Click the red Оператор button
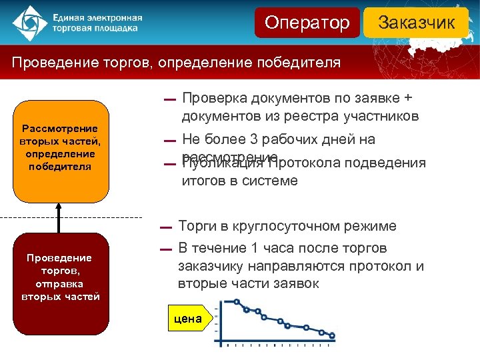307,23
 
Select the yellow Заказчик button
417,23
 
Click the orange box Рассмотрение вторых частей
60,150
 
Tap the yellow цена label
188,319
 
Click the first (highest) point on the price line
235,302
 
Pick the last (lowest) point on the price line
332,335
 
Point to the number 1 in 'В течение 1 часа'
251,249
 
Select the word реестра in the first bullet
317,117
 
